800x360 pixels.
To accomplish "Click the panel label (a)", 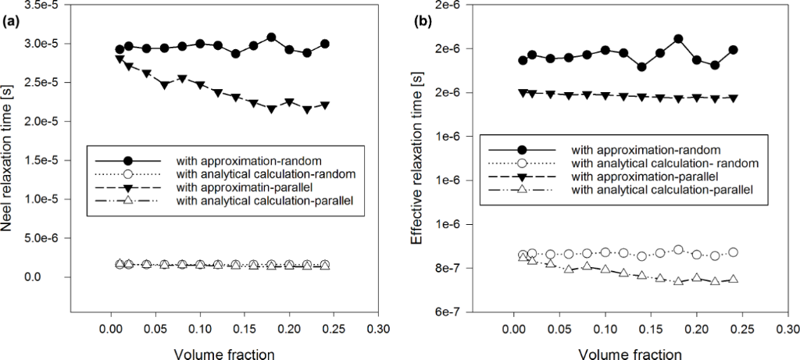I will [10, 21].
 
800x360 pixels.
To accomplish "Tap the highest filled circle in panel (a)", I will [271, 37].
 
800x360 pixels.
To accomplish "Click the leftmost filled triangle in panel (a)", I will [120, 59].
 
